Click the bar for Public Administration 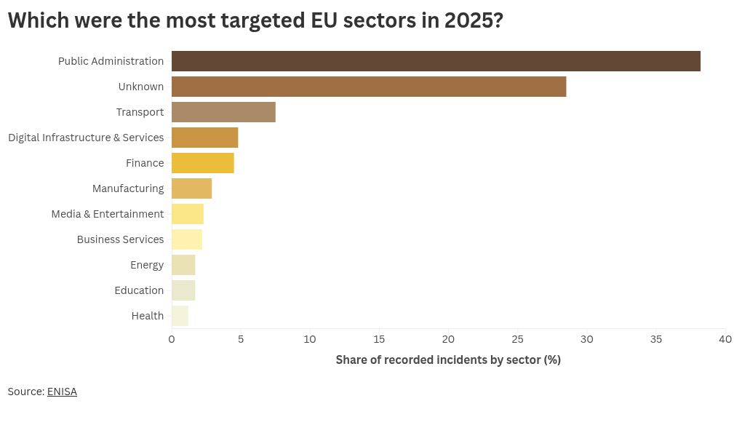tap(436, 61)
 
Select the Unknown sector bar tap(369, 87)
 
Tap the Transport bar tap(223, 112)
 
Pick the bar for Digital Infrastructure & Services tap(205, 138)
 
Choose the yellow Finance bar tap(202, 163)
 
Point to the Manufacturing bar tap(191, 188)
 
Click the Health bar tap(180, 316)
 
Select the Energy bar tap(183, 265)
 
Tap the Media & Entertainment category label tap(108, 214)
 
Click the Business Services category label tap(120, 239)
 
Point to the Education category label tap(139, 290)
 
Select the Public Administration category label tap(111, 61)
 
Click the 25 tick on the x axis tap(517, 339)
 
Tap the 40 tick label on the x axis tap(725, 339)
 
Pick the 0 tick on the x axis tap(171, 339)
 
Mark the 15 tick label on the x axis tap(379, 339)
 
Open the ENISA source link tap(62, 392)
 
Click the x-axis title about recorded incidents tap(448, 360)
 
